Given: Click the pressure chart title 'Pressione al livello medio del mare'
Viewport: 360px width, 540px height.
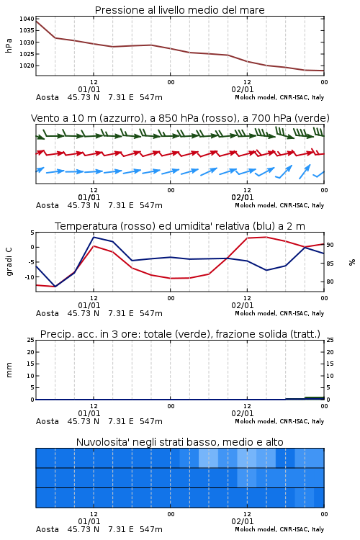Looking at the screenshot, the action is (x=179, y=10).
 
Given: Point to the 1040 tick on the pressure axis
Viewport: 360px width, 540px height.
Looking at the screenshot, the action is (x=27, y=19).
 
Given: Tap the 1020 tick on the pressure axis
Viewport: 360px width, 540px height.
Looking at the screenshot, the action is (x=27, y=66).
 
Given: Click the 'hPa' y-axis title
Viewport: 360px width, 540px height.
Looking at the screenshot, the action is (x=9, y=45).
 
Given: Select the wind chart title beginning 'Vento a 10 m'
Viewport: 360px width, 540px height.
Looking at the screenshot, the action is (x=180, y=118).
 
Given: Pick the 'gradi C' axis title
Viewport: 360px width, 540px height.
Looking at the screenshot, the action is (x=9, y=261).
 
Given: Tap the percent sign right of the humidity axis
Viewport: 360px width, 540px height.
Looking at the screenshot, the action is (x=352, y=262).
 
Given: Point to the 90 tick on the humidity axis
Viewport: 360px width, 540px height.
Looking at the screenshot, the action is (x=330, y=245).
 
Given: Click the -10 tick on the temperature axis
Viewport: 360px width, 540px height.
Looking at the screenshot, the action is (x=30, y=277).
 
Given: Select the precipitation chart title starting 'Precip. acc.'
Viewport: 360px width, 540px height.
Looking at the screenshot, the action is (x=180, y=334).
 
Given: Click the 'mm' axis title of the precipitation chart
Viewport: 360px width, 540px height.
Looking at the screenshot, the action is (x=9, y=370).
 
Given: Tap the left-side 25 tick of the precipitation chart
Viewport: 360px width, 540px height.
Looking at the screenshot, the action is (x=31, y=340).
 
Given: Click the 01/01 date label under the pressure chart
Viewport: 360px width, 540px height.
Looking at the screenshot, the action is (x=89, y=89).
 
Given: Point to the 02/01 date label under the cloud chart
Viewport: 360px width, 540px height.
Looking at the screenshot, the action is (x=242, y=521).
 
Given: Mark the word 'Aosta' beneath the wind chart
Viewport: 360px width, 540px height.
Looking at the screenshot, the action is (x=48, y=205).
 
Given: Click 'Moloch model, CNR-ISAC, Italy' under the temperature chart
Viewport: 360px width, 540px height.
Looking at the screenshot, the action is (x=279, y=313).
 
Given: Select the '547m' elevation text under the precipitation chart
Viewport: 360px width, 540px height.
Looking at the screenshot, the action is (x=151, y=421).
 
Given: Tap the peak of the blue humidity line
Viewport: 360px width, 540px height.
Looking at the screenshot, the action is (x=94, y=237).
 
